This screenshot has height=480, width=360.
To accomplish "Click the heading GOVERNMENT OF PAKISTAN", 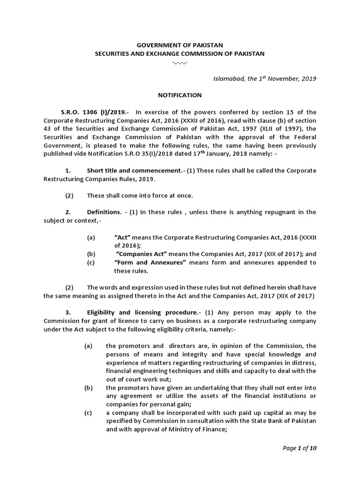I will [x=180, y=45].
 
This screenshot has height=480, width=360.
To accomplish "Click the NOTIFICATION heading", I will [x=180, y=95].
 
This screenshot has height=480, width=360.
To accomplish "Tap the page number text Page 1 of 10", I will [x=300, y=448].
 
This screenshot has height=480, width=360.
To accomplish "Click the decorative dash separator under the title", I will [x=180, y=62].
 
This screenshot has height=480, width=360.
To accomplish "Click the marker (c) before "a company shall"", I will [x=88, y=412].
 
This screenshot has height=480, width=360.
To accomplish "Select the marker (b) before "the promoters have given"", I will [x=88, y=388].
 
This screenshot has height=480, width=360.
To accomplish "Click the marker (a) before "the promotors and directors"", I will [x=88, y=346].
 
